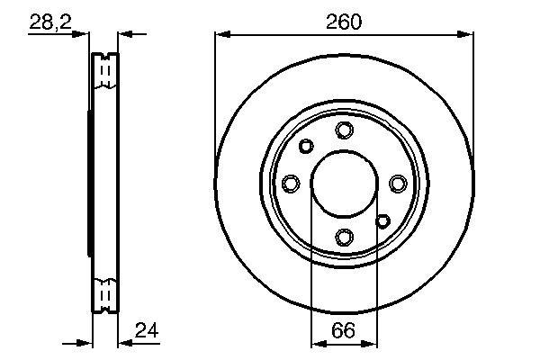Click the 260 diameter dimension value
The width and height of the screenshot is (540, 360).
[x=344, y=22]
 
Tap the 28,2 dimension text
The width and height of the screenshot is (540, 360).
[x=50, y=22]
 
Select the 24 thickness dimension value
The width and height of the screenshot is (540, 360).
[x=147, y=330]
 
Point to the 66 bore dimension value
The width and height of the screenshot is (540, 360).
[x=343, y=330]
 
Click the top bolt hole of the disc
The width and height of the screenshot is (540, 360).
[x=344, y=130]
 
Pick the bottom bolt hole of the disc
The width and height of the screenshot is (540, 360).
[x=344, y=238]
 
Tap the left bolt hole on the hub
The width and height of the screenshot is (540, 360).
[x=291, y=184]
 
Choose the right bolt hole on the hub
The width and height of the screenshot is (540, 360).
[x=398, y=184]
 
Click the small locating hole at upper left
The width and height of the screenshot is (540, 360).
[x=306, y=146]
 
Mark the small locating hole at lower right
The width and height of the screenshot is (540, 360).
[x=382, y=220]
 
